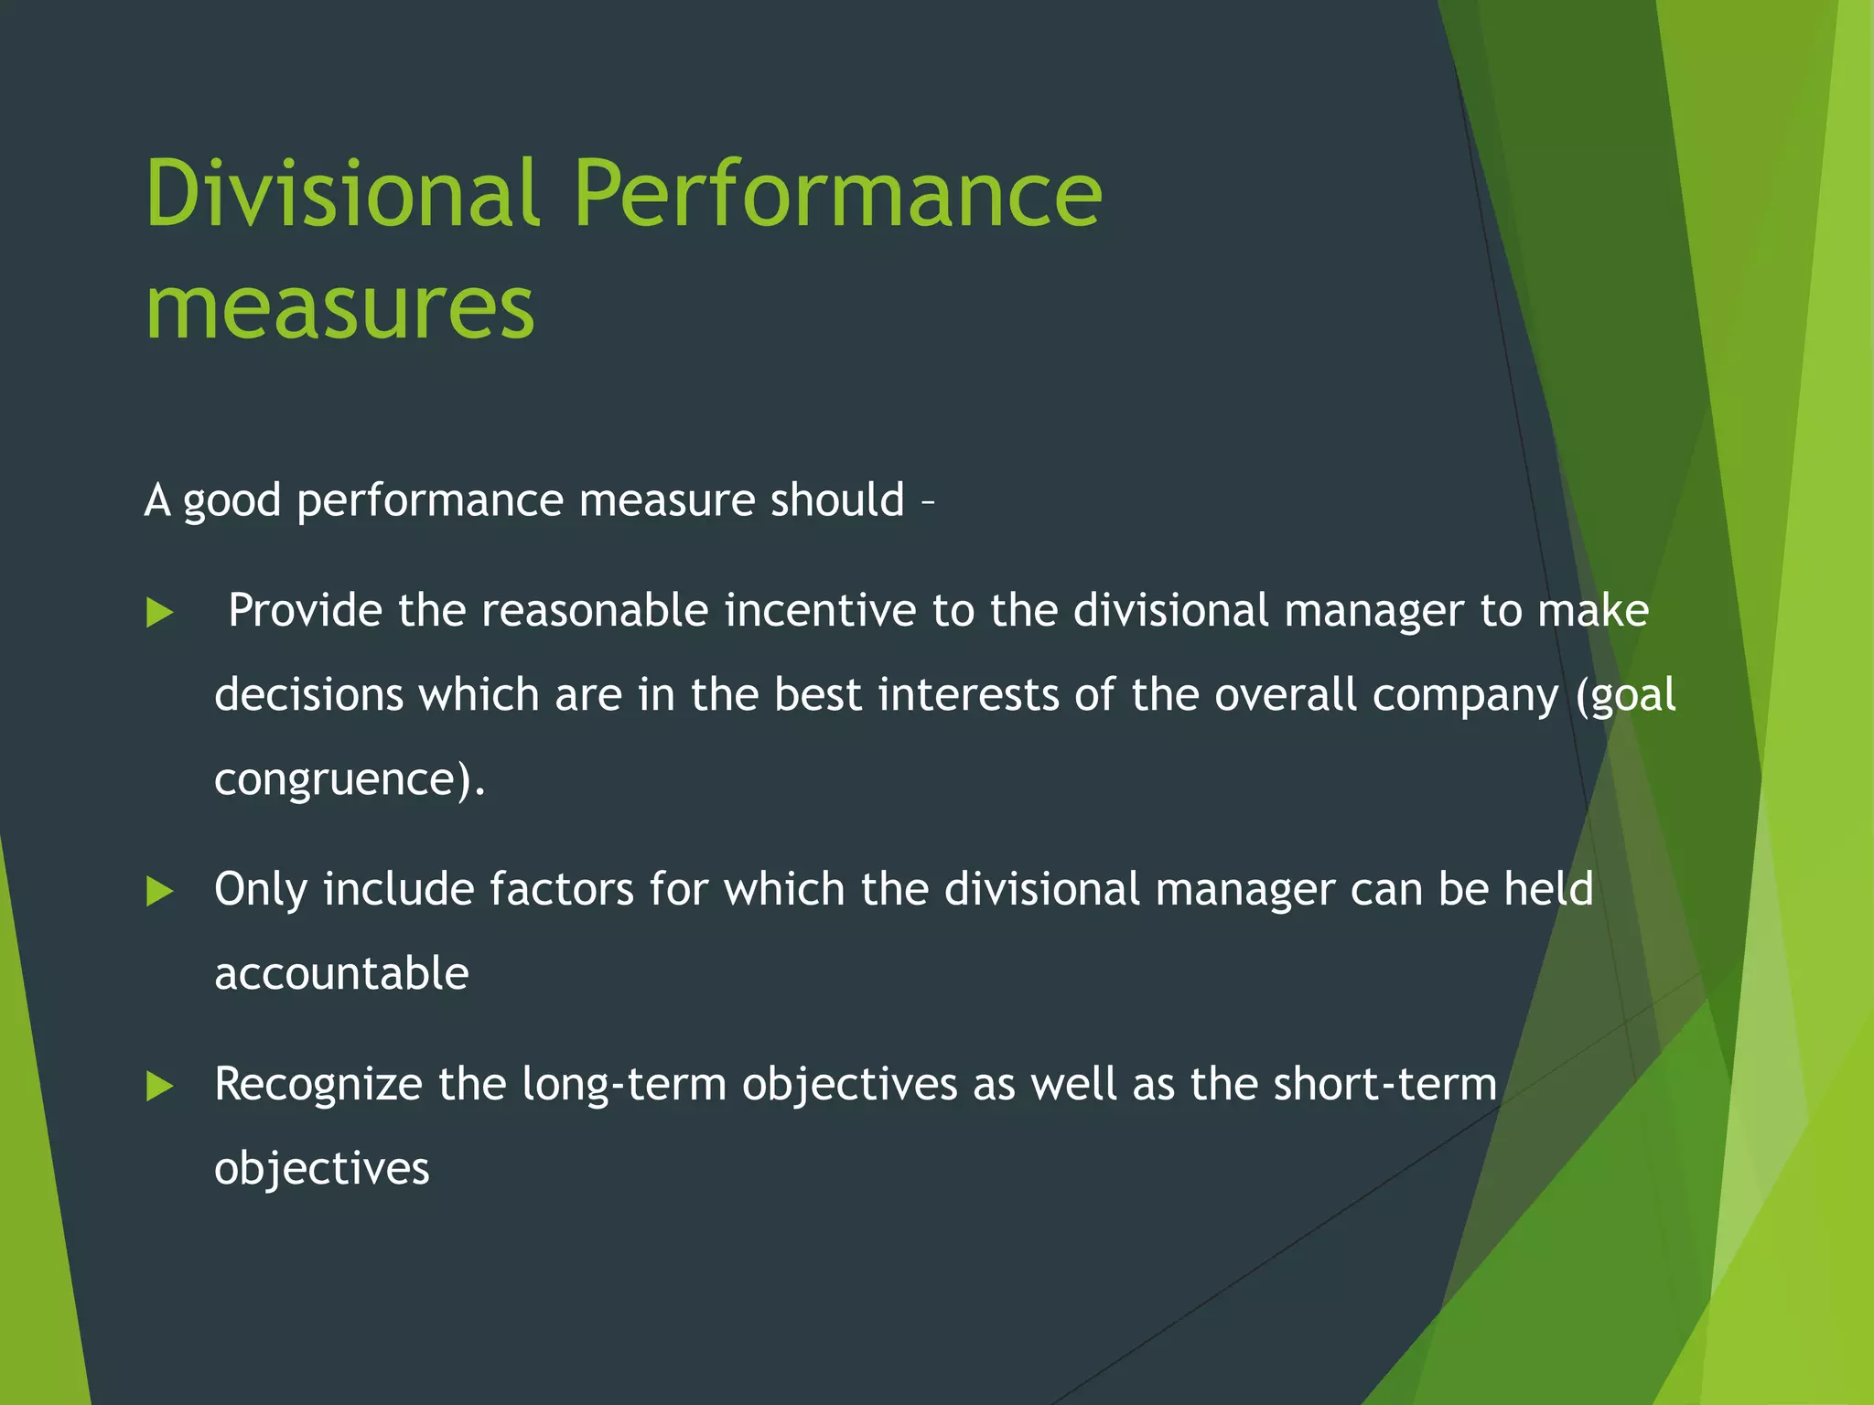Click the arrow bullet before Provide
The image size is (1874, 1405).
(x=160, y=612)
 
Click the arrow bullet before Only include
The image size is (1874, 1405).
(x=160, y=891)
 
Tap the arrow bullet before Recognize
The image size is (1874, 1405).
(x=160, y=1086)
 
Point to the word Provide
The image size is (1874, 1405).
(x=305, y=610)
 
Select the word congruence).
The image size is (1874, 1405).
(x=350, y=779)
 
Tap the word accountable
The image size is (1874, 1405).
(x=341, y=973)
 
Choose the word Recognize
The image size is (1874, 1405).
(x=318, y=1085)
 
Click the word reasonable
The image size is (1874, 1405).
(x=595, y=610)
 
